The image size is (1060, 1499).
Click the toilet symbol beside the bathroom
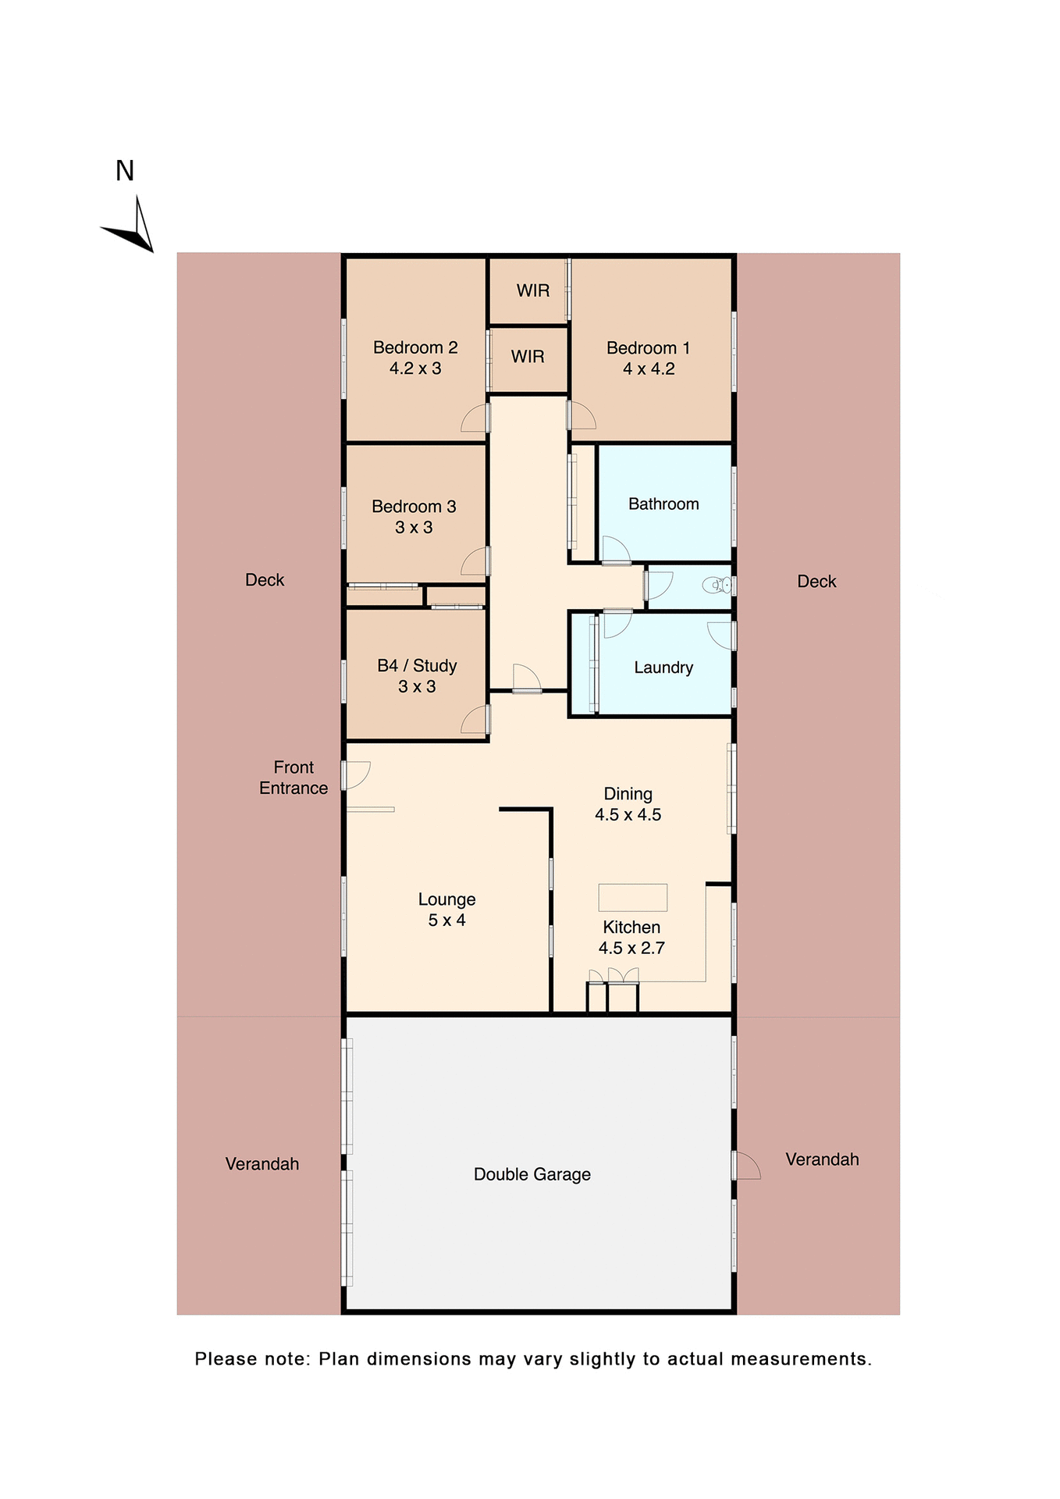tap(716, 585)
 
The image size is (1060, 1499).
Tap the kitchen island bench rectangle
tap(632, 897)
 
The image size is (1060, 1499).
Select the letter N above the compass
tap(125, 171)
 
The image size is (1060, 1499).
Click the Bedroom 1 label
tap(648, 348)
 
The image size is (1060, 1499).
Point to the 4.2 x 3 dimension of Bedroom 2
tap(415, 369)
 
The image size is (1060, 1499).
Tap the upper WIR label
tap(533, 290)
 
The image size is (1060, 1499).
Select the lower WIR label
tap(528, 357)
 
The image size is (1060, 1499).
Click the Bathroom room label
tap(663, 504)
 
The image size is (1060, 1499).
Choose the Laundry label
tap(663, 668)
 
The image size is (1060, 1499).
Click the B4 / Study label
tap(417, 666)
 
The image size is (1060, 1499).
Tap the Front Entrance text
tap(293, 778)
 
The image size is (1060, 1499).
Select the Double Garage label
tap(532, 1174)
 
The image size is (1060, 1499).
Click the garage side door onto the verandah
tap(747, 1166)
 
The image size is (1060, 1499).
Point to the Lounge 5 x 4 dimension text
tap(446, 920)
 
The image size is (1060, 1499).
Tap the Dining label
tap(628, 794)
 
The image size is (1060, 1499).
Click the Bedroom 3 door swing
tap(475, 562)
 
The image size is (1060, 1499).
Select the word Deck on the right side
tap(816, 582)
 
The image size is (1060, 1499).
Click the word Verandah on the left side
tap(262, 1164)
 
